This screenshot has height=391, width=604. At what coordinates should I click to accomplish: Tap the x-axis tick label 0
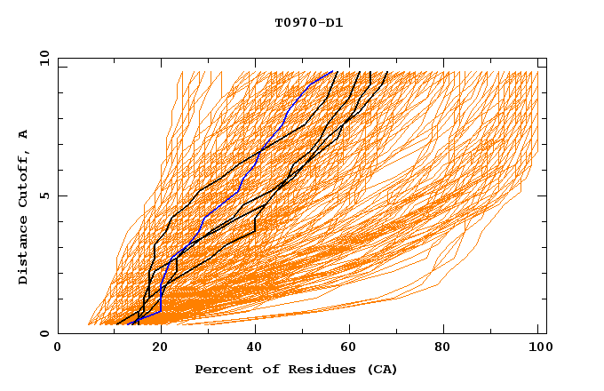point(58,348)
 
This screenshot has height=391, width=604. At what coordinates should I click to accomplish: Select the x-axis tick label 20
point(161,348)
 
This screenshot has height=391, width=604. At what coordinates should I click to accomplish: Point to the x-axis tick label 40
point(257,348)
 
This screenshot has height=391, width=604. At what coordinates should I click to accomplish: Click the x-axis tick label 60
point(354,348)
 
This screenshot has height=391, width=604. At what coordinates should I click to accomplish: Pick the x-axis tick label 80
point(449,348)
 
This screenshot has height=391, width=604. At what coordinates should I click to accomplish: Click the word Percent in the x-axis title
point(222,369)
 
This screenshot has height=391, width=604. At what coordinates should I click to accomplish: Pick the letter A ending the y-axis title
point(24,133)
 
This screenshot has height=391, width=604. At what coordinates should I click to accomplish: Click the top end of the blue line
point(332,72)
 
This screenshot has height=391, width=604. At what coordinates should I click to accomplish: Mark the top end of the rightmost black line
point(386,72)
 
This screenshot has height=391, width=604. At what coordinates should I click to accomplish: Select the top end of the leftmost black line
point(335,72)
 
